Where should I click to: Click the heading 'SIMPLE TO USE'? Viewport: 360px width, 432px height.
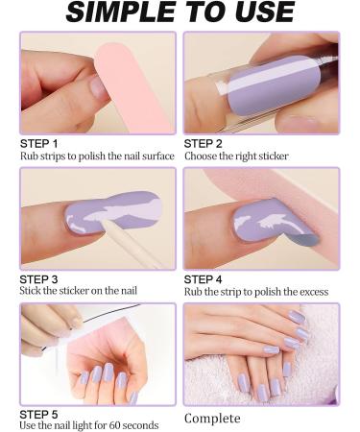point(180,13)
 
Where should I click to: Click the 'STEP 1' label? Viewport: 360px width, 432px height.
point(41,143)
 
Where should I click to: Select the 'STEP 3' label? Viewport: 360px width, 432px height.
point(41,279)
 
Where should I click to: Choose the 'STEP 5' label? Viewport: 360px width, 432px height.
point(41,414)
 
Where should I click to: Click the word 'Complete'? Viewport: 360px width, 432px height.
point(212,419)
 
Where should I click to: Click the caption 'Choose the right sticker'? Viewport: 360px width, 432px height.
point(236,156)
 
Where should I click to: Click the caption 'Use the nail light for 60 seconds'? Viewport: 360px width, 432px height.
point(89,425)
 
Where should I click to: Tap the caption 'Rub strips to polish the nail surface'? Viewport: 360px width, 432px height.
point(98,156)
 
